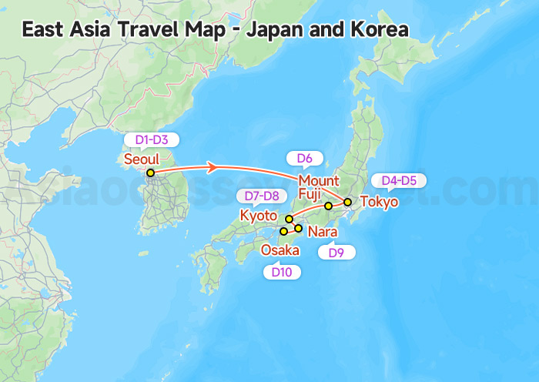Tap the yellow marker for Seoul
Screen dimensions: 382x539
tap(151, 173)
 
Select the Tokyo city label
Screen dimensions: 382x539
tap(380, 203)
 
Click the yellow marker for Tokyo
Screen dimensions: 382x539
tap(347, 203)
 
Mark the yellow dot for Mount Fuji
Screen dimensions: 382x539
tap(328, 206)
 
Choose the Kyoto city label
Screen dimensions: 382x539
tap(259, 216)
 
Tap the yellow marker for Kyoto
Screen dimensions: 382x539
tap(289, 219)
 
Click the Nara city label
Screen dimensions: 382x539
tap(321, 231)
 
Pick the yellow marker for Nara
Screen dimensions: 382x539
tap(299, 228)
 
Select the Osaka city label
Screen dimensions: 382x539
tap(280, 250)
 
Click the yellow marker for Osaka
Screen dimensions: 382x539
tap(283, 231)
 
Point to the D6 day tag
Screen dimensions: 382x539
tap(304, 159)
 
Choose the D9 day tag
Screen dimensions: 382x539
tap(336, 252)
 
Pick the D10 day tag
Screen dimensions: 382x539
tap(282, 271)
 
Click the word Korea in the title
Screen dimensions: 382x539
tap(377, 29)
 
